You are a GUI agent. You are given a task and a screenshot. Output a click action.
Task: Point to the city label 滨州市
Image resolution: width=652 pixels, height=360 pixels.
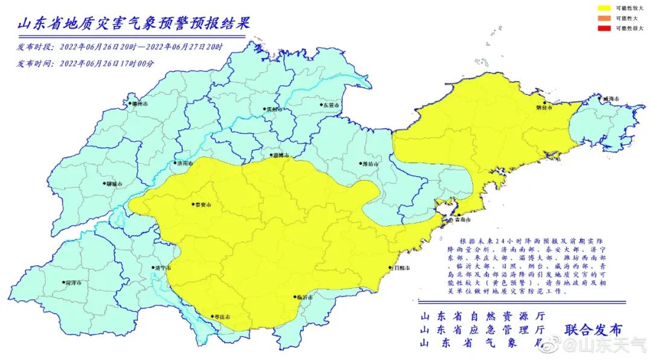click(x=273, y=110)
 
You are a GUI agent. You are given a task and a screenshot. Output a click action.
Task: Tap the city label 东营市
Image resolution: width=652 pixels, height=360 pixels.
click(x=330, y=105)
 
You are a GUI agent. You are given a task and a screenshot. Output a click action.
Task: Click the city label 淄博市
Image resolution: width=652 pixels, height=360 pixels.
click(x=280, y=156)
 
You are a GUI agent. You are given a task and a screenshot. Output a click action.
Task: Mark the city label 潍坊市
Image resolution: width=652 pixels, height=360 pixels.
click(x=369, y=164)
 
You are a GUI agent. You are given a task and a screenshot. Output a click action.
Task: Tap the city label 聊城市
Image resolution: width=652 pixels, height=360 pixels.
click(x=113, y=184)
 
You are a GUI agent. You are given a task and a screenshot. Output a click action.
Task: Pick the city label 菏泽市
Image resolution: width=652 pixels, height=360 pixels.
click(x=72, y=283)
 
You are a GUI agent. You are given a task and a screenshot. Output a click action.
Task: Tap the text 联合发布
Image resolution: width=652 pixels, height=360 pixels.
click(x=593, y=330)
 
